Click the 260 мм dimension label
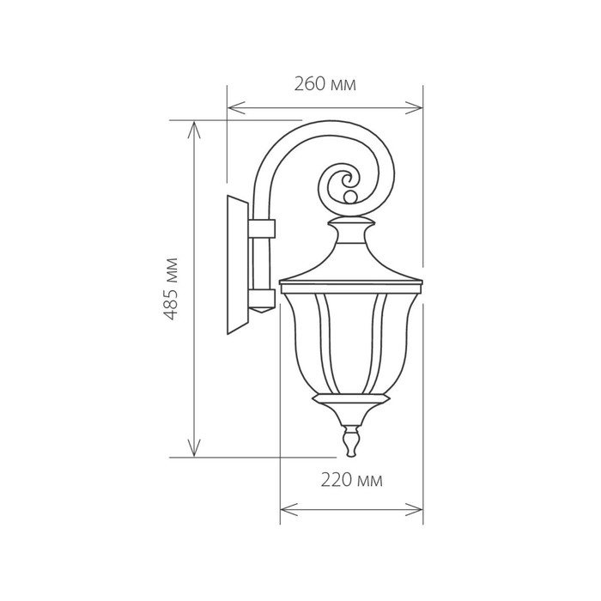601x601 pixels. tap(325, 84)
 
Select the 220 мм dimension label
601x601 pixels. tap(351, 480)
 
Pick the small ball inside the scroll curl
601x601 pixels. tap(349, 197)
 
